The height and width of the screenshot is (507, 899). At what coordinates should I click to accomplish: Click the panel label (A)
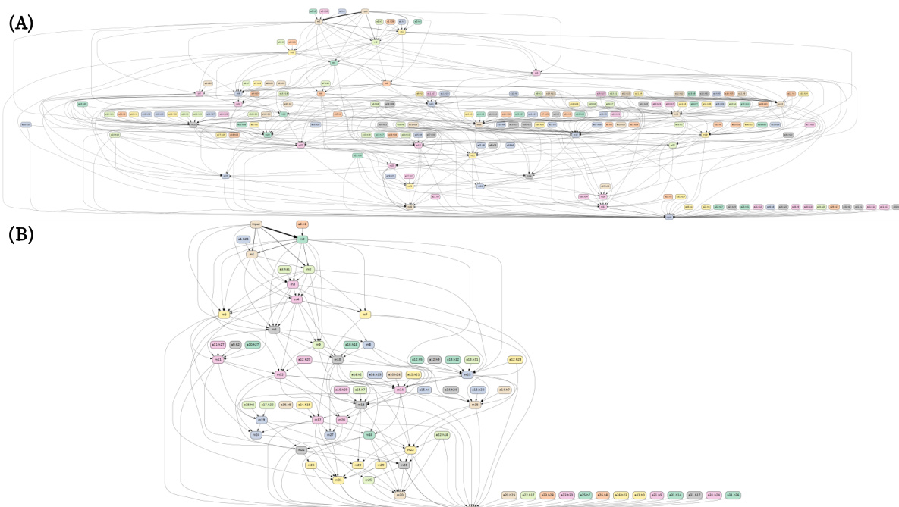[x=21, y=23]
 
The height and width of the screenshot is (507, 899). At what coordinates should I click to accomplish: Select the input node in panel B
[x=256, y=224]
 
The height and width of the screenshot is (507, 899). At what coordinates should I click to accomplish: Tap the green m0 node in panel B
[x=302, y=239]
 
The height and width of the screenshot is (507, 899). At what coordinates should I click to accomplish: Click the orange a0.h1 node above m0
[x=302, y=224]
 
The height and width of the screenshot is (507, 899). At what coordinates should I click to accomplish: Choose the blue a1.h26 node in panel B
[x=244, y=239]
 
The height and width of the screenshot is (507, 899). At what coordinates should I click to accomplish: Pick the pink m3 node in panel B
[x=292, y=284]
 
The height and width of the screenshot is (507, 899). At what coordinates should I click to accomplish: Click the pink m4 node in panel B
[x=297, y=299]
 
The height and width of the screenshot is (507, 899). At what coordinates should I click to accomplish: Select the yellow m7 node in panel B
[x=365, y=314]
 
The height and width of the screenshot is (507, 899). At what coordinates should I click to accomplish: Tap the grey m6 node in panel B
[x=274, y=330]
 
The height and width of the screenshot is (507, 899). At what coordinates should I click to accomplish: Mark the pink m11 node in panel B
[x=218, y=359]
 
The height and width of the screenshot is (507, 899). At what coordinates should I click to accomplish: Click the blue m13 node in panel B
[x=468, y=374]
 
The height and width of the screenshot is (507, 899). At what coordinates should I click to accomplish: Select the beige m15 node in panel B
[x=476, y=405]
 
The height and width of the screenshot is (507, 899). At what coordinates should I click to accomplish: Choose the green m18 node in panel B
[x=369, y=435]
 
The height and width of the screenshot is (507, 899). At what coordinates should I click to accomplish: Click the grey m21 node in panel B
[x=301, y=450]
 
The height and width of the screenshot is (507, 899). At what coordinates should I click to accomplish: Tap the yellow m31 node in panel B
[x=338, y=480]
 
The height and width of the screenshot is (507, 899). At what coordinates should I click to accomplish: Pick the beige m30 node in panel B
[x=399, y=494]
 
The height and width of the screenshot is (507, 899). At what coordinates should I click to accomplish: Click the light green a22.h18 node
[x=442, y=435]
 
